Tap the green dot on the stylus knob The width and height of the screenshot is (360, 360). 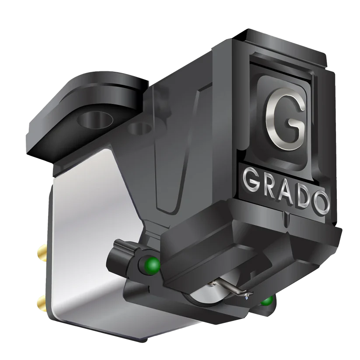click(x=153, y=265)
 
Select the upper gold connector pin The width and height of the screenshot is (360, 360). click(x=42, y=251)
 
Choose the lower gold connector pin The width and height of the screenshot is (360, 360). click(x=42, y=302)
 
